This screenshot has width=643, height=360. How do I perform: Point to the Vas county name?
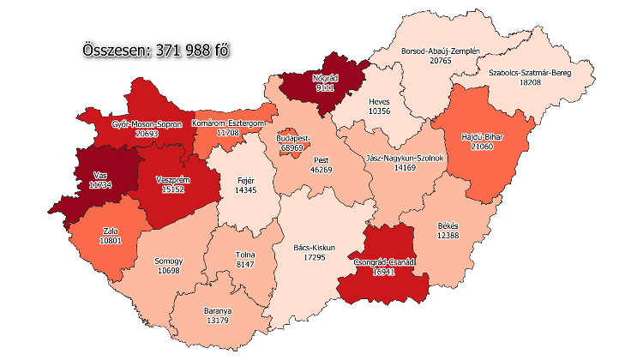(x=101, y=175)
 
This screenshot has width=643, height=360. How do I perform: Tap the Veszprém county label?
(x=171, y=179)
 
